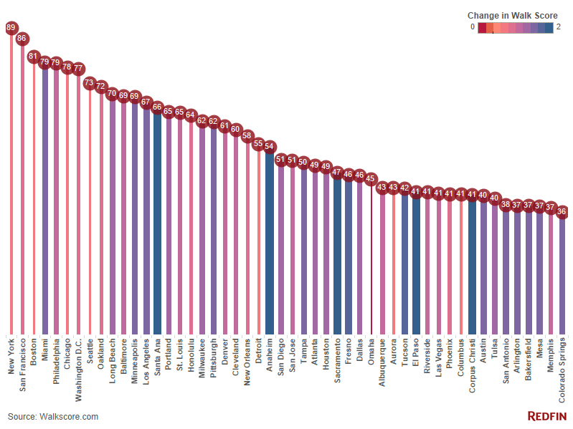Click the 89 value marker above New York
coord(11,28)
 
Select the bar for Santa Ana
coord(157,222)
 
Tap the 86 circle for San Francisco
coord(22,39)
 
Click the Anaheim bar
coord(270,244)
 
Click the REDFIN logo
coord(547,416)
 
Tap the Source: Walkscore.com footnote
coord(53,416)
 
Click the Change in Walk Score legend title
coord(513,15)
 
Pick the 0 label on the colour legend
coord(473,27)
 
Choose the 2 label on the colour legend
coord(558,27)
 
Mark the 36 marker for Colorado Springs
coord(562,212)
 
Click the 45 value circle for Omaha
coord(371,179)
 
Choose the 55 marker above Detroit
coord(259,143)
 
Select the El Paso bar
coord(416,265)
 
